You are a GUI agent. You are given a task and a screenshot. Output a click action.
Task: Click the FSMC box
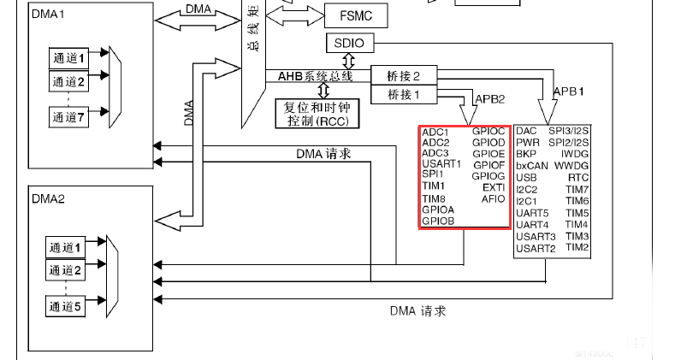point(349,15)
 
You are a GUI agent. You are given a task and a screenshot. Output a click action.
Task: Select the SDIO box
point(349,43)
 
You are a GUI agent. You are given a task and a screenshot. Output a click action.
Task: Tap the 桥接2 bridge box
point(404,75)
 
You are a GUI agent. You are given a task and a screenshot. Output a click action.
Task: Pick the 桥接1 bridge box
point(404,94)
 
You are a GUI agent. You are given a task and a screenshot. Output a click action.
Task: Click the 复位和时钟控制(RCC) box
point(317,113)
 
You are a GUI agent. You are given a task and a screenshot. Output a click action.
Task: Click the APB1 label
point(569,91)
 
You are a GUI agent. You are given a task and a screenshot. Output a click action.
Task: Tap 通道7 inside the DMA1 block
point(70,117)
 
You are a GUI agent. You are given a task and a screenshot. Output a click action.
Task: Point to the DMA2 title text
point(50,198)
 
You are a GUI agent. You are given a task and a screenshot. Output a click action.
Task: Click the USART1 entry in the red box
point(441,163)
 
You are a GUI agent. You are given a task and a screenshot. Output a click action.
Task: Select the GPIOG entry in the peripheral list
point(488,175)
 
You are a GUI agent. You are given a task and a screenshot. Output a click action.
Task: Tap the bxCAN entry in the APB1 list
point(531,165)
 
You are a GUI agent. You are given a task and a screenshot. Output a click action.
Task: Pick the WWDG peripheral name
point(571,165)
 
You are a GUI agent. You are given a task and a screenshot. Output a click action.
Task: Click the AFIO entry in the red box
point(494,198)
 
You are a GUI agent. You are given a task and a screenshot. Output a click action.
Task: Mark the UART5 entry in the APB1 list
point(533,213)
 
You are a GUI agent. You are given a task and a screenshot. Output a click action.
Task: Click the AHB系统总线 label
point(316,76)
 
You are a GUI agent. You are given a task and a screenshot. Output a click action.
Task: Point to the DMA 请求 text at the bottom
point(417,310)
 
